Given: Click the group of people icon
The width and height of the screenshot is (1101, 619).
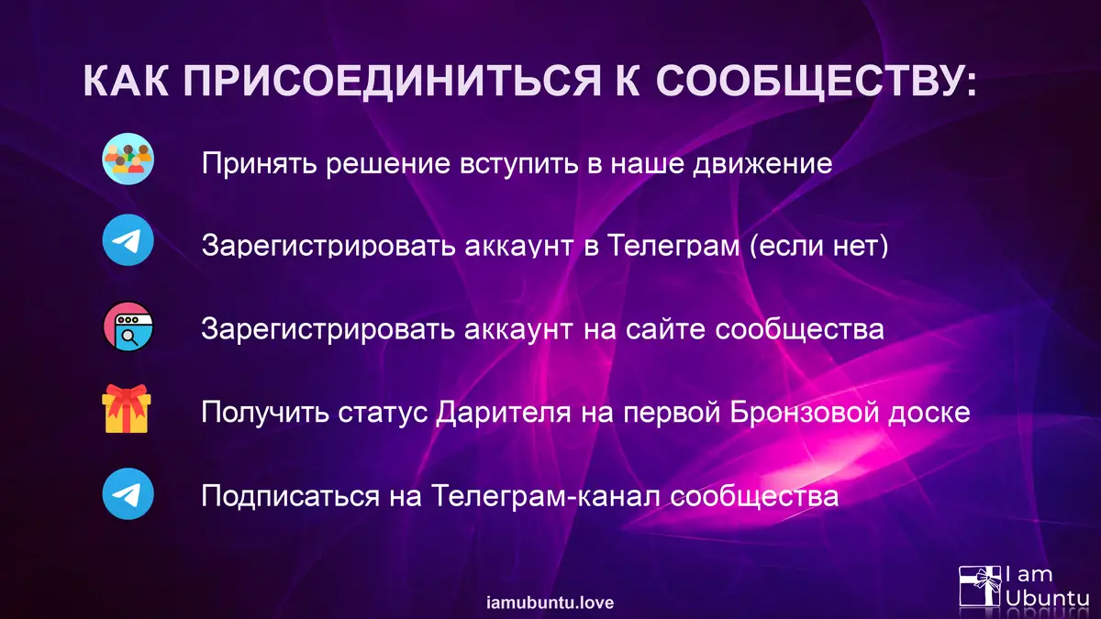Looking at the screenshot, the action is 128,159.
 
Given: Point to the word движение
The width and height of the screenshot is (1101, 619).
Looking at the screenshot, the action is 762,164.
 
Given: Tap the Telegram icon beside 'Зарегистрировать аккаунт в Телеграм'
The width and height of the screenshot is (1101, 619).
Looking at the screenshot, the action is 128,239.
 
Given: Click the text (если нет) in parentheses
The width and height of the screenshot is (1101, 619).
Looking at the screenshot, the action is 818,245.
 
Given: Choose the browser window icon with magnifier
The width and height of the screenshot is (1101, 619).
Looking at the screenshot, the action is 128,326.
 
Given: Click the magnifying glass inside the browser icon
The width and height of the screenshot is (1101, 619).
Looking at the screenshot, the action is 129,337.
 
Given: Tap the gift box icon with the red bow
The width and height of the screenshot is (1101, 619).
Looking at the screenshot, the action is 127,409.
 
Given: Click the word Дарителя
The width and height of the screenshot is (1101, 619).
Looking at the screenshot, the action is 504,413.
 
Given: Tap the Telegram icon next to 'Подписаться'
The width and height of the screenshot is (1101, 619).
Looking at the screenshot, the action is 128,493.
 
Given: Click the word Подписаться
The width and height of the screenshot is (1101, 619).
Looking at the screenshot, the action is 291,496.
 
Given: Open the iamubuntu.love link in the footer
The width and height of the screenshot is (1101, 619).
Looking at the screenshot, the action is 550,602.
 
